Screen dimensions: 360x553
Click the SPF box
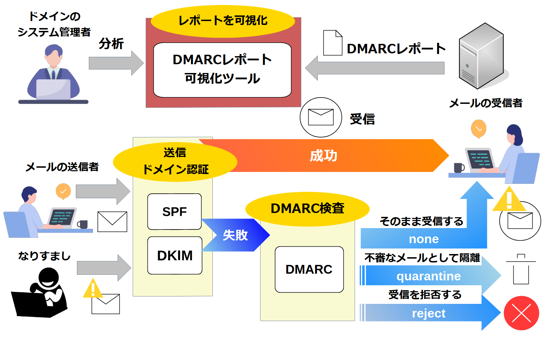tap(175, 212)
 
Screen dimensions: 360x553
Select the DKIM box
tap(175, 255)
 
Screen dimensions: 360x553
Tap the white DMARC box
tap(309, 269)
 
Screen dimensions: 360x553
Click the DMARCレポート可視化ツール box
tap(222, 70)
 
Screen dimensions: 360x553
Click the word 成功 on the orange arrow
tap(323, 156)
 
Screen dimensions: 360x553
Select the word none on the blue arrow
tap(424, 239)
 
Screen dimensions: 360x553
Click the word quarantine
tap(428, 276)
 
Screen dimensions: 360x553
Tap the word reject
tap(428, 313)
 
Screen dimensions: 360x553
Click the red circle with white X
tap(521, 313)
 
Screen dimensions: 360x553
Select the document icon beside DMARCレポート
tap(333, 43)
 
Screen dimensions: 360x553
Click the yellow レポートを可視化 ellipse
tap(223, 21)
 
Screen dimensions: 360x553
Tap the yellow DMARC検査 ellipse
tap(307, 209)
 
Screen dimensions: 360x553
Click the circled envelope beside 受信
tap(321, 117)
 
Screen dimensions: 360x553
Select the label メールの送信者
tap(62, 167)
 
